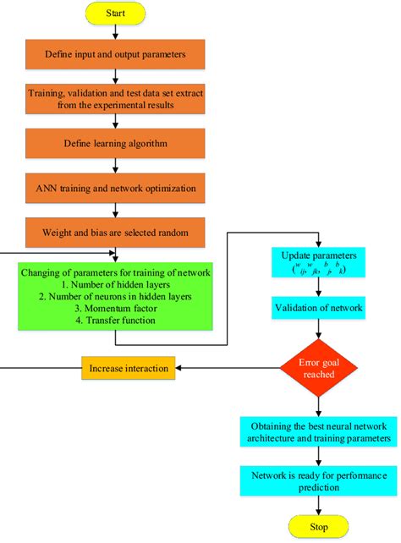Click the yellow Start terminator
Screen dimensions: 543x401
tap(116, 14)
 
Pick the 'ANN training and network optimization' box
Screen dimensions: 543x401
tap(116, 186)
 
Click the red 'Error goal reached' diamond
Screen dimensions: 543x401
tap(317, 368)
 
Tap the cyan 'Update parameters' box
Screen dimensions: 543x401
tap(317, 262)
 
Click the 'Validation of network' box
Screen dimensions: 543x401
tap(317, 308)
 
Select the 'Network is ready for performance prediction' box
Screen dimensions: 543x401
tap(317, 480)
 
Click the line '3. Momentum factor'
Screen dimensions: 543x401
tap(115, 311)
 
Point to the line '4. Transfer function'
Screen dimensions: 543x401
tap(115, 323)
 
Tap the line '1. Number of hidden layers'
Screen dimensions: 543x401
tap(115, 285)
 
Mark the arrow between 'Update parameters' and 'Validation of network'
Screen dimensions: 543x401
tap(317, 287)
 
